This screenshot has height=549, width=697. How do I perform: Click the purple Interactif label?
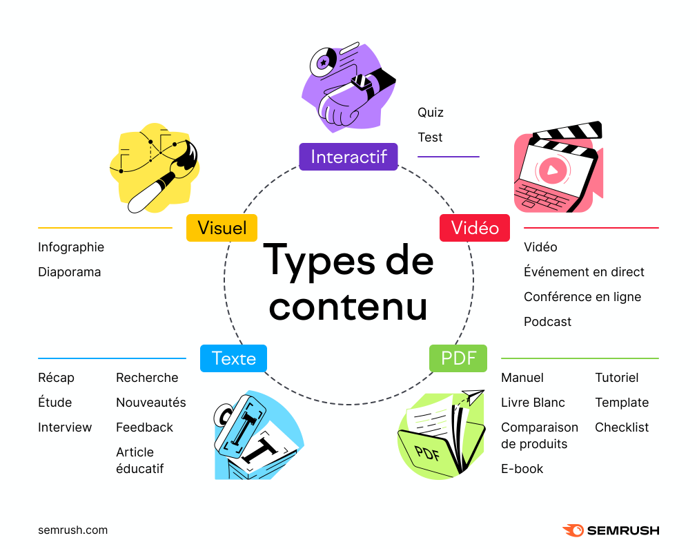(x=348, y=157)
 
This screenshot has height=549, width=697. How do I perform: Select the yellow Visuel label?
(x=222, y=228)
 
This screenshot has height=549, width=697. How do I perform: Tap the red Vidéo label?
(x=475, y=228)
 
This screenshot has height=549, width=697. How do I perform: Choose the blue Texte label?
(x=233, y=358)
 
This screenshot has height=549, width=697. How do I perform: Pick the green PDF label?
(x=458, y=358)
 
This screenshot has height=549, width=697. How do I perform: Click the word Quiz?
(x=431, y=112)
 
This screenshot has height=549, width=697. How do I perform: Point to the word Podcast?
(x=547, y=322)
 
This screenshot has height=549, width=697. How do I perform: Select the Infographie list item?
(x=71, y=247)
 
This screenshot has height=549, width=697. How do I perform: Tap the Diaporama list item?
(x=69, y=272)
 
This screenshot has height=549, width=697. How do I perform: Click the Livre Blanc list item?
(x=533, y=403)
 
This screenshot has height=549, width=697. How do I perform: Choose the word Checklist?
(x=622, y=427)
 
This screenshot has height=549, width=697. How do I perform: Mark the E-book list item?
(x=522, y=469)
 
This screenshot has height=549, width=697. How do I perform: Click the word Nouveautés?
(x=151, y=403)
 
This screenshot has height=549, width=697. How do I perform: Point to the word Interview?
(x=65, y=427)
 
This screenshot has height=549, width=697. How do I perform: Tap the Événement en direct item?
(x=584, y=272)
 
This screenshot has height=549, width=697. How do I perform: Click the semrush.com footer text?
(x=73, y=530)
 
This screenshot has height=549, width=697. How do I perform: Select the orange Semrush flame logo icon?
(x=573, y=530)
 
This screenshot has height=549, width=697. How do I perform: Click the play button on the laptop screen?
(x=553, y=170)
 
